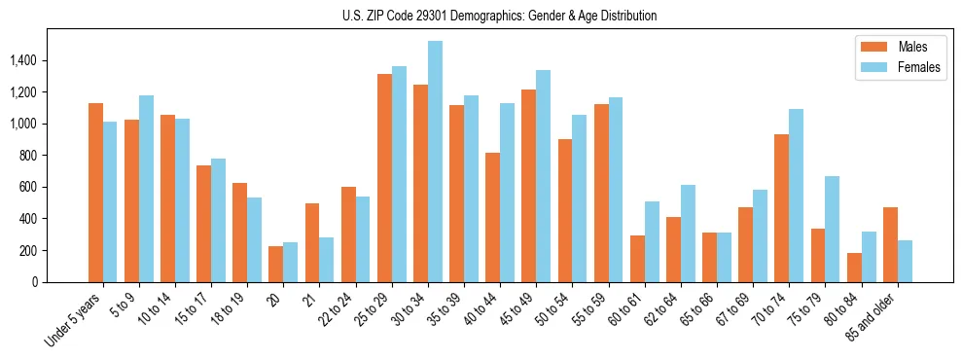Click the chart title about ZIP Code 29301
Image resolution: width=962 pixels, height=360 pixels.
coord(481,16)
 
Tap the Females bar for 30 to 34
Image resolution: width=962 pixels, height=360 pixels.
coord(435,162)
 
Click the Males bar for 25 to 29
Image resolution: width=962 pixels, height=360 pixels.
coord(384,178)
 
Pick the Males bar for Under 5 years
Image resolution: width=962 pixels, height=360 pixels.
coord(95,193)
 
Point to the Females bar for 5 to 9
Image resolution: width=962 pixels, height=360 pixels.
coord(146,189)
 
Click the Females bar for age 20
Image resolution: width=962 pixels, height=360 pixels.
coord(291,262)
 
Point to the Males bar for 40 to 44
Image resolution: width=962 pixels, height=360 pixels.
coord(493,217)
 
